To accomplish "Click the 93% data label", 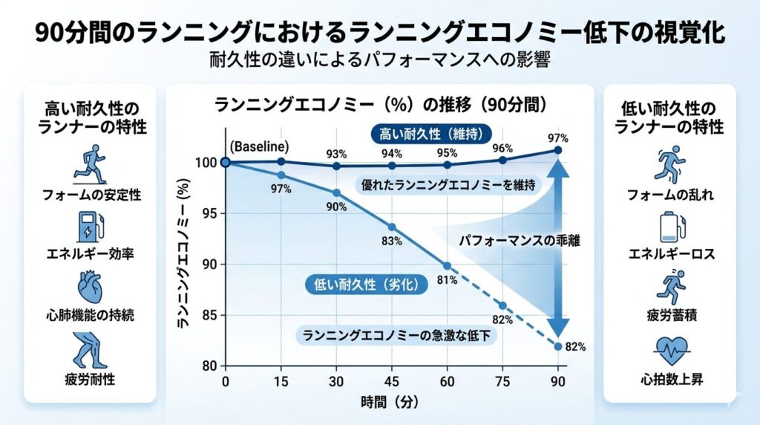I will point(336,154).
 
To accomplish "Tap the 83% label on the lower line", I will point(392,241).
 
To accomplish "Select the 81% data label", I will point(447,280).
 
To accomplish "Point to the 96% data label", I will point(502,147).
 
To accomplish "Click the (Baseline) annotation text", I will point(260,146).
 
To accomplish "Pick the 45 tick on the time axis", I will point(392,381).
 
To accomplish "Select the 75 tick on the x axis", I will point(502,381).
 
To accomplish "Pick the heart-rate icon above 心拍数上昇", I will point(670,347).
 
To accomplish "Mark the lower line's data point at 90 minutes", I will point(558,346).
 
